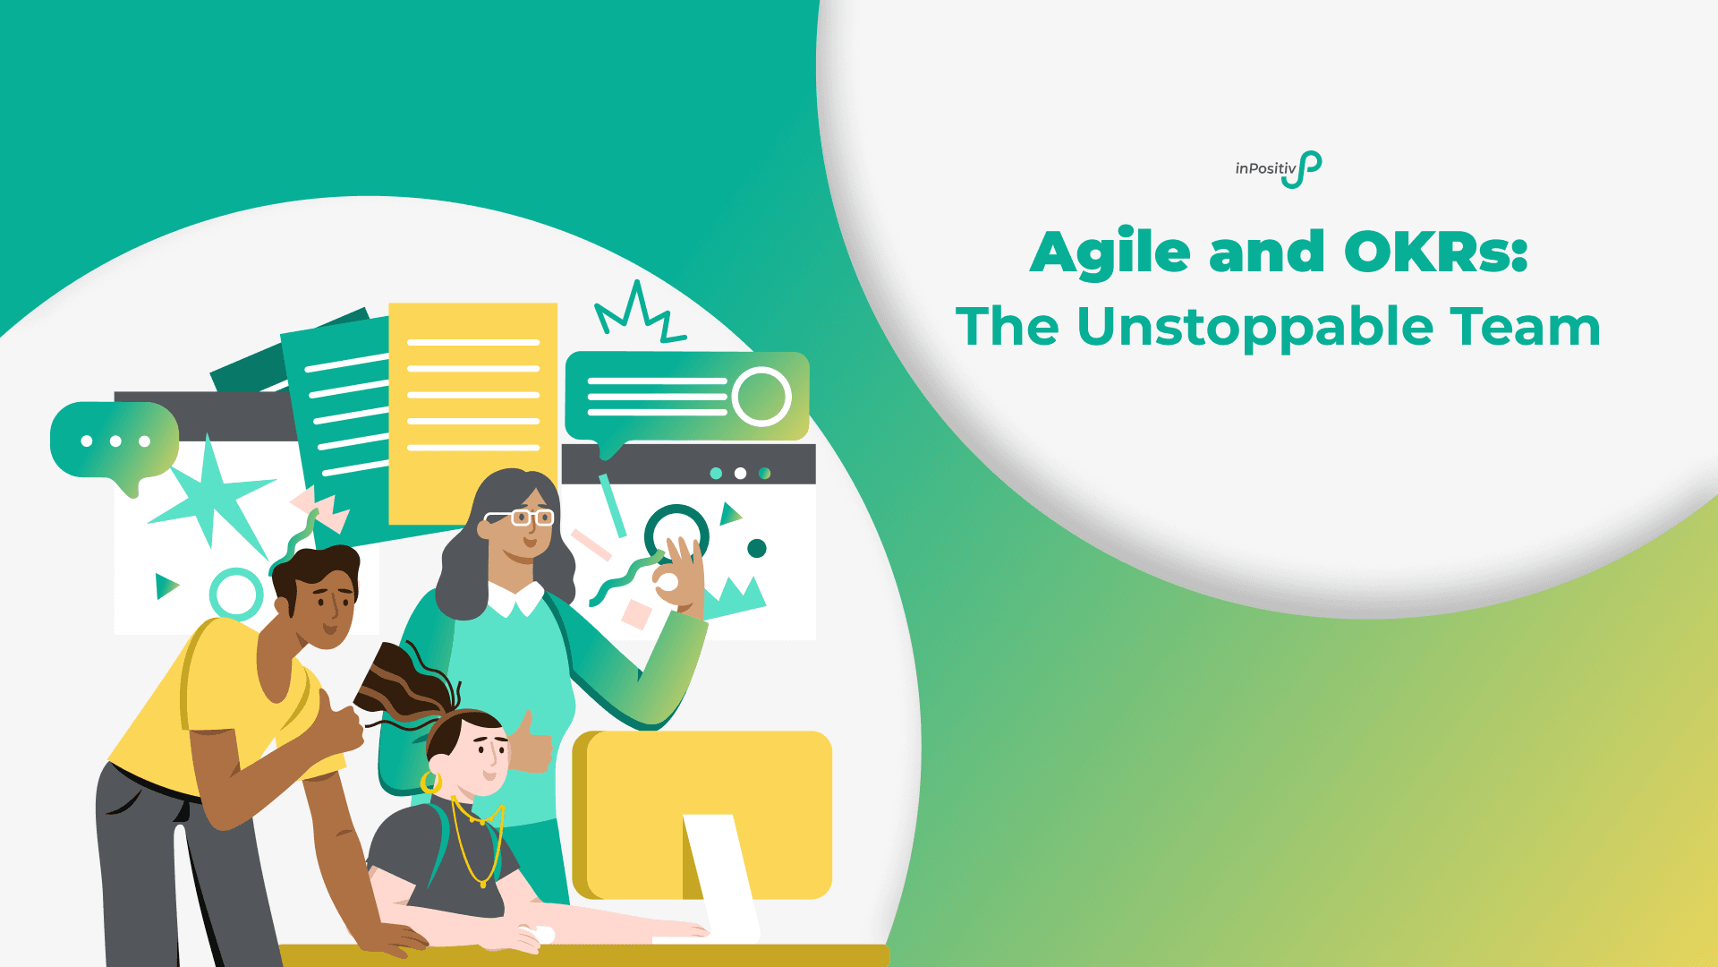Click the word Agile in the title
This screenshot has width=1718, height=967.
click(x=1110, y=253)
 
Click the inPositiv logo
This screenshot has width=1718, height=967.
click(x=1278, y=169)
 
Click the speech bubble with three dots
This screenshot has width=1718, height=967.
click(x=115, y=441)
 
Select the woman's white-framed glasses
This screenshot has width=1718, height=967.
click(x=521, y=518)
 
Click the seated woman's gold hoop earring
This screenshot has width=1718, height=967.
click(x=431, y=783)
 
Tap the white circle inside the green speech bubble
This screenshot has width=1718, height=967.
click(x=761, y=396)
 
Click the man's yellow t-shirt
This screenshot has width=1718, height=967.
click(x=224, y=707)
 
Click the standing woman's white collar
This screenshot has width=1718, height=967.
click(x=516, y=600)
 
